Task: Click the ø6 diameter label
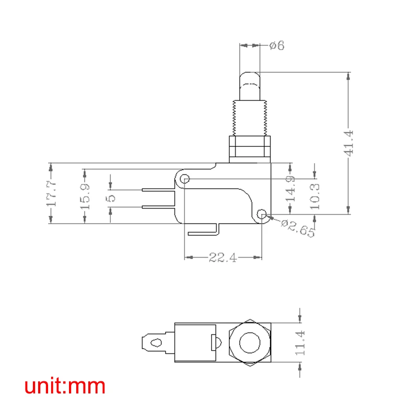click(277, 46)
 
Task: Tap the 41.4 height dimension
click(349, 143)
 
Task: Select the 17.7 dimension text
click(51, 193)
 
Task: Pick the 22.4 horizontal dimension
click(223, 257)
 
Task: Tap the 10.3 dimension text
click(314, 195)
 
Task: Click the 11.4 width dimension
click(299, 343)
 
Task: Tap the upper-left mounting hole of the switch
click(184, 179)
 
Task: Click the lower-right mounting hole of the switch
click(263, 214)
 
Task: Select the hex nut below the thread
click(249, 148)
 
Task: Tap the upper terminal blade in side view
click(158, 189)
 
